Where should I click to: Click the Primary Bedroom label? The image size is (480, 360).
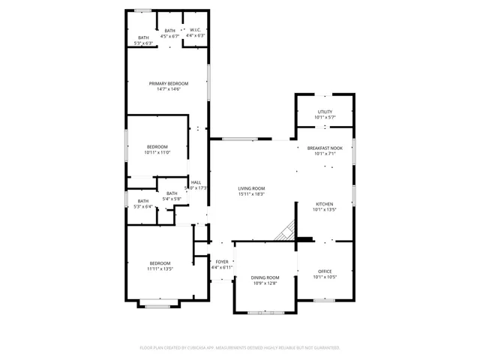(x=168, y=83)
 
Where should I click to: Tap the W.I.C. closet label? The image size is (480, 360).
(x=195, y=31)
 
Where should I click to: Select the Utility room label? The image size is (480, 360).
(x=325, y=112)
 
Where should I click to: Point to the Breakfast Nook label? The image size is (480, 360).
(x=325, y=148)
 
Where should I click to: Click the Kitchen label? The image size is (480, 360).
(x=324, y=204)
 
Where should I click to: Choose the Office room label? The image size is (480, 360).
(x=325, y=271)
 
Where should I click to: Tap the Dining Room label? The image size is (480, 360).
(x=264, y=278)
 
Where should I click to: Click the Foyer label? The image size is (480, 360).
(x=223, y=262)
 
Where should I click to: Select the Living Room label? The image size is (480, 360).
(x=251, y=188)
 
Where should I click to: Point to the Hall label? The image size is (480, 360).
(x=196, y=182)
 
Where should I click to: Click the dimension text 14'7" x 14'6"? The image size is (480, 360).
(x=168, y=89)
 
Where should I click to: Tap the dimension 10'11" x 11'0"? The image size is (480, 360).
(x=157, y=152)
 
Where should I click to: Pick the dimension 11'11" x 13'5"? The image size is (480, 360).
(x=160, y=268)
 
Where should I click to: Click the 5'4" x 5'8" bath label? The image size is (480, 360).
(x=172, y=199)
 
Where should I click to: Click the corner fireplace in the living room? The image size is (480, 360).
(x=285, y=232)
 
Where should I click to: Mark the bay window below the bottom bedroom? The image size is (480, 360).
(x=158, y=304)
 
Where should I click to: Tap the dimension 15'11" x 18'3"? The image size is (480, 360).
(x=251, y=194)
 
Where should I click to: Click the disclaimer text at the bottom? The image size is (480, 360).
(x=240, y=348)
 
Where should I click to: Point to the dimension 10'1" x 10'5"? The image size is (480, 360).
(x=325, y=277)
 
